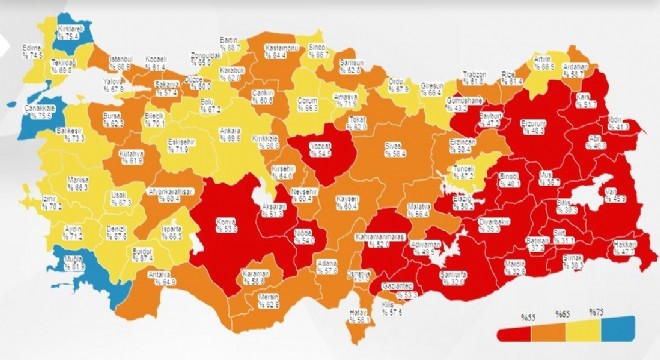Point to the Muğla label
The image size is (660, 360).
tap(69, 262)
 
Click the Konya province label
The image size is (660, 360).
tap(229, 223)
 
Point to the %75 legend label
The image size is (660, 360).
tap(597, 314)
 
